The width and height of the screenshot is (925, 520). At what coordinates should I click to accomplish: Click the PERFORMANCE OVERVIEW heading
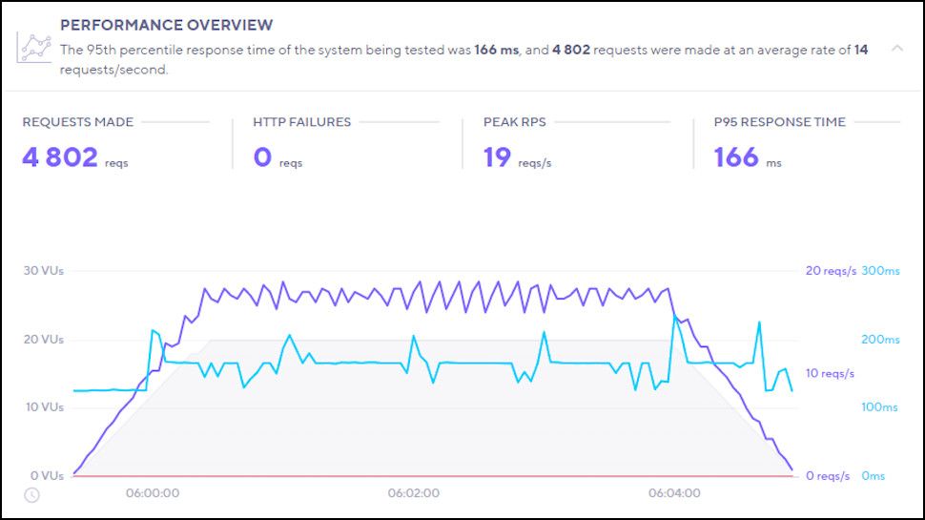(166, 25)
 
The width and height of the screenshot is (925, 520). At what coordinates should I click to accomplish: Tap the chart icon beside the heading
(34, 49)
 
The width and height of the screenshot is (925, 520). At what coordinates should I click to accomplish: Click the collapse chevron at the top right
(896, 48)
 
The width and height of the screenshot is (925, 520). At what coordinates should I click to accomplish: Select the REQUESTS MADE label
(78, 122)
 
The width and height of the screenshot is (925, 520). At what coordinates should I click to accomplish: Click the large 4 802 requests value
(60, 157)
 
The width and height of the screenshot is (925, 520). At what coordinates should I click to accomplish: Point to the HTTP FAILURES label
(301, 122)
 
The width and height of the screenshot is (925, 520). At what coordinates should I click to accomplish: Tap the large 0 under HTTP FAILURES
(262, 157)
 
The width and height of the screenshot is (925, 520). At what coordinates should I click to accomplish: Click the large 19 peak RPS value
(497, 157)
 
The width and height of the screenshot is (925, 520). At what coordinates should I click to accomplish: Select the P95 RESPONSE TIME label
(779, 122)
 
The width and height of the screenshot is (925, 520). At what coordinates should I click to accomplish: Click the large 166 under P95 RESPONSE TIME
(736, 157)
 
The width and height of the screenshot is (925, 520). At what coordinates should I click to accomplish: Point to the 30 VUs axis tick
(43, 271)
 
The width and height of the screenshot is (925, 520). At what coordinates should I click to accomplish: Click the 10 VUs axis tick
(43, 407)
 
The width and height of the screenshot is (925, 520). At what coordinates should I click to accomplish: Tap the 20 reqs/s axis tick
(830, 271)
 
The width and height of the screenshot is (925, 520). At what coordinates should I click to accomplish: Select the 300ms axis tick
(880, 271)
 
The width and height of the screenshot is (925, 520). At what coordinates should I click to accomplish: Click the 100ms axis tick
(880, 407)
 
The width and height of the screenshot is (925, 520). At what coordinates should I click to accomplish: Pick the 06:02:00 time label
(413, 494)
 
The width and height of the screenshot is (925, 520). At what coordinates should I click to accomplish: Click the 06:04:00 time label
(674, 494)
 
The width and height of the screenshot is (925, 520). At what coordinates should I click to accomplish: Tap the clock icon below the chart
(31, 495)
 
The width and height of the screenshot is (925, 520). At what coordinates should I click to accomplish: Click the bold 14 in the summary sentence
(861, 51)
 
